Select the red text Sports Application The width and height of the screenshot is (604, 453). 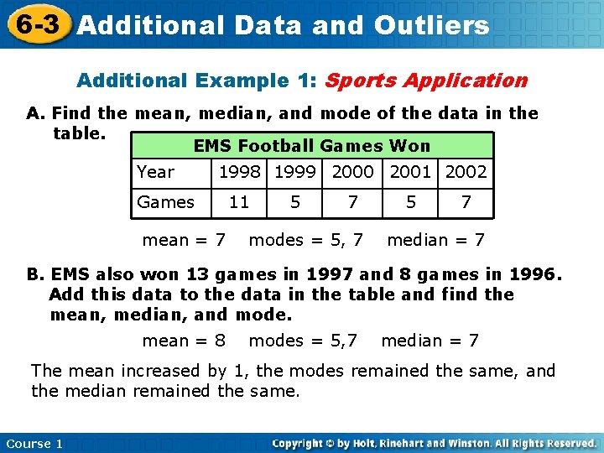(425, 81)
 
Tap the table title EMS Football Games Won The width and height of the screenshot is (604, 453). (312, 146)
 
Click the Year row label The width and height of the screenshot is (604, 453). (156, 172)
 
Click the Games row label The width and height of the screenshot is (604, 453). (165, 202)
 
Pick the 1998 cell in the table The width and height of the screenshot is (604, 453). (239, 172)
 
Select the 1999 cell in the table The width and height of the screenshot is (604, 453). (296, 172)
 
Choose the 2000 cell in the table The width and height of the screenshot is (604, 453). (352, 172)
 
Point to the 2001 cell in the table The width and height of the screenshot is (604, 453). (411, 172)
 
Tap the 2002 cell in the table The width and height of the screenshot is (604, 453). (466, 172)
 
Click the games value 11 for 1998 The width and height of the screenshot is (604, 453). (239, 202)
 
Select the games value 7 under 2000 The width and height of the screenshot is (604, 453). (352, 202)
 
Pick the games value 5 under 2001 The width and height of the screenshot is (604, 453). (411, 202)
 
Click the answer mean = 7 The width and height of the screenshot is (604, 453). (184, 241)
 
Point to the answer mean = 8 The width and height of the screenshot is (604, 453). (184, 341)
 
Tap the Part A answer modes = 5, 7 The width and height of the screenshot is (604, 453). (306, 241)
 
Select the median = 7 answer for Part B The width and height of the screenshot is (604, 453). (430, 341)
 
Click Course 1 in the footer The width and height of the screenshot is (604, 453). (34, 443)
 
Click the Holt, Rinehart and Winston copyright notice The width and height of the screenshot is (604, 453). (434, 443)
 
